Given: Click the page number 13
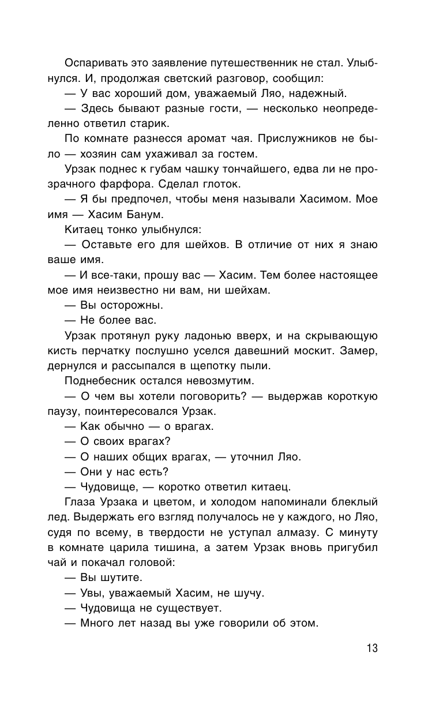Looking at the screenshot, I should tap(371, 647).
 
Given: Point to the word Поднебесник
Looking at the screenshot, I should tap(100, 381).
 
